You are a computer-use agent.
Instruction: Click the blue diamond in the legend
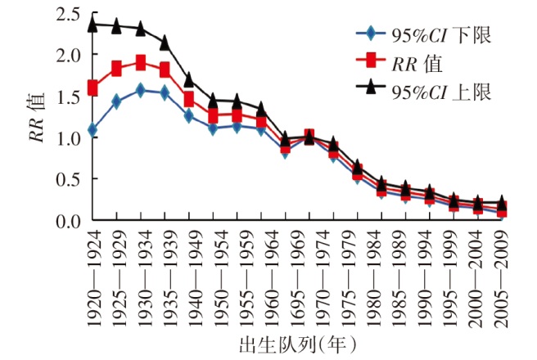coord(371,34)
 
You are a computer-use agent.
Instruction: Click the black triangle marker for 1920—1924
coord(93,25)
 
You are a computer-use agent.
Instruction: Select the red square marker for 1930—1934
coord(141,63)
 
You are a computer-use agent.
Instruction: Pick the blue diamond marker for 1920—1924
coord(93,129)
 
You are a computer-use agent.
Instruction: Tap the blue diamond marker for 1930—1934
coord(141,90)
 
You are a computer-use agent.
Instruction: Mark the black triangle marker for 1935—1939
coord(165,42)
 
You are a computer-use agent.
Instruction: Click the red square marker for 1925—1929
coord(117,68)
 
